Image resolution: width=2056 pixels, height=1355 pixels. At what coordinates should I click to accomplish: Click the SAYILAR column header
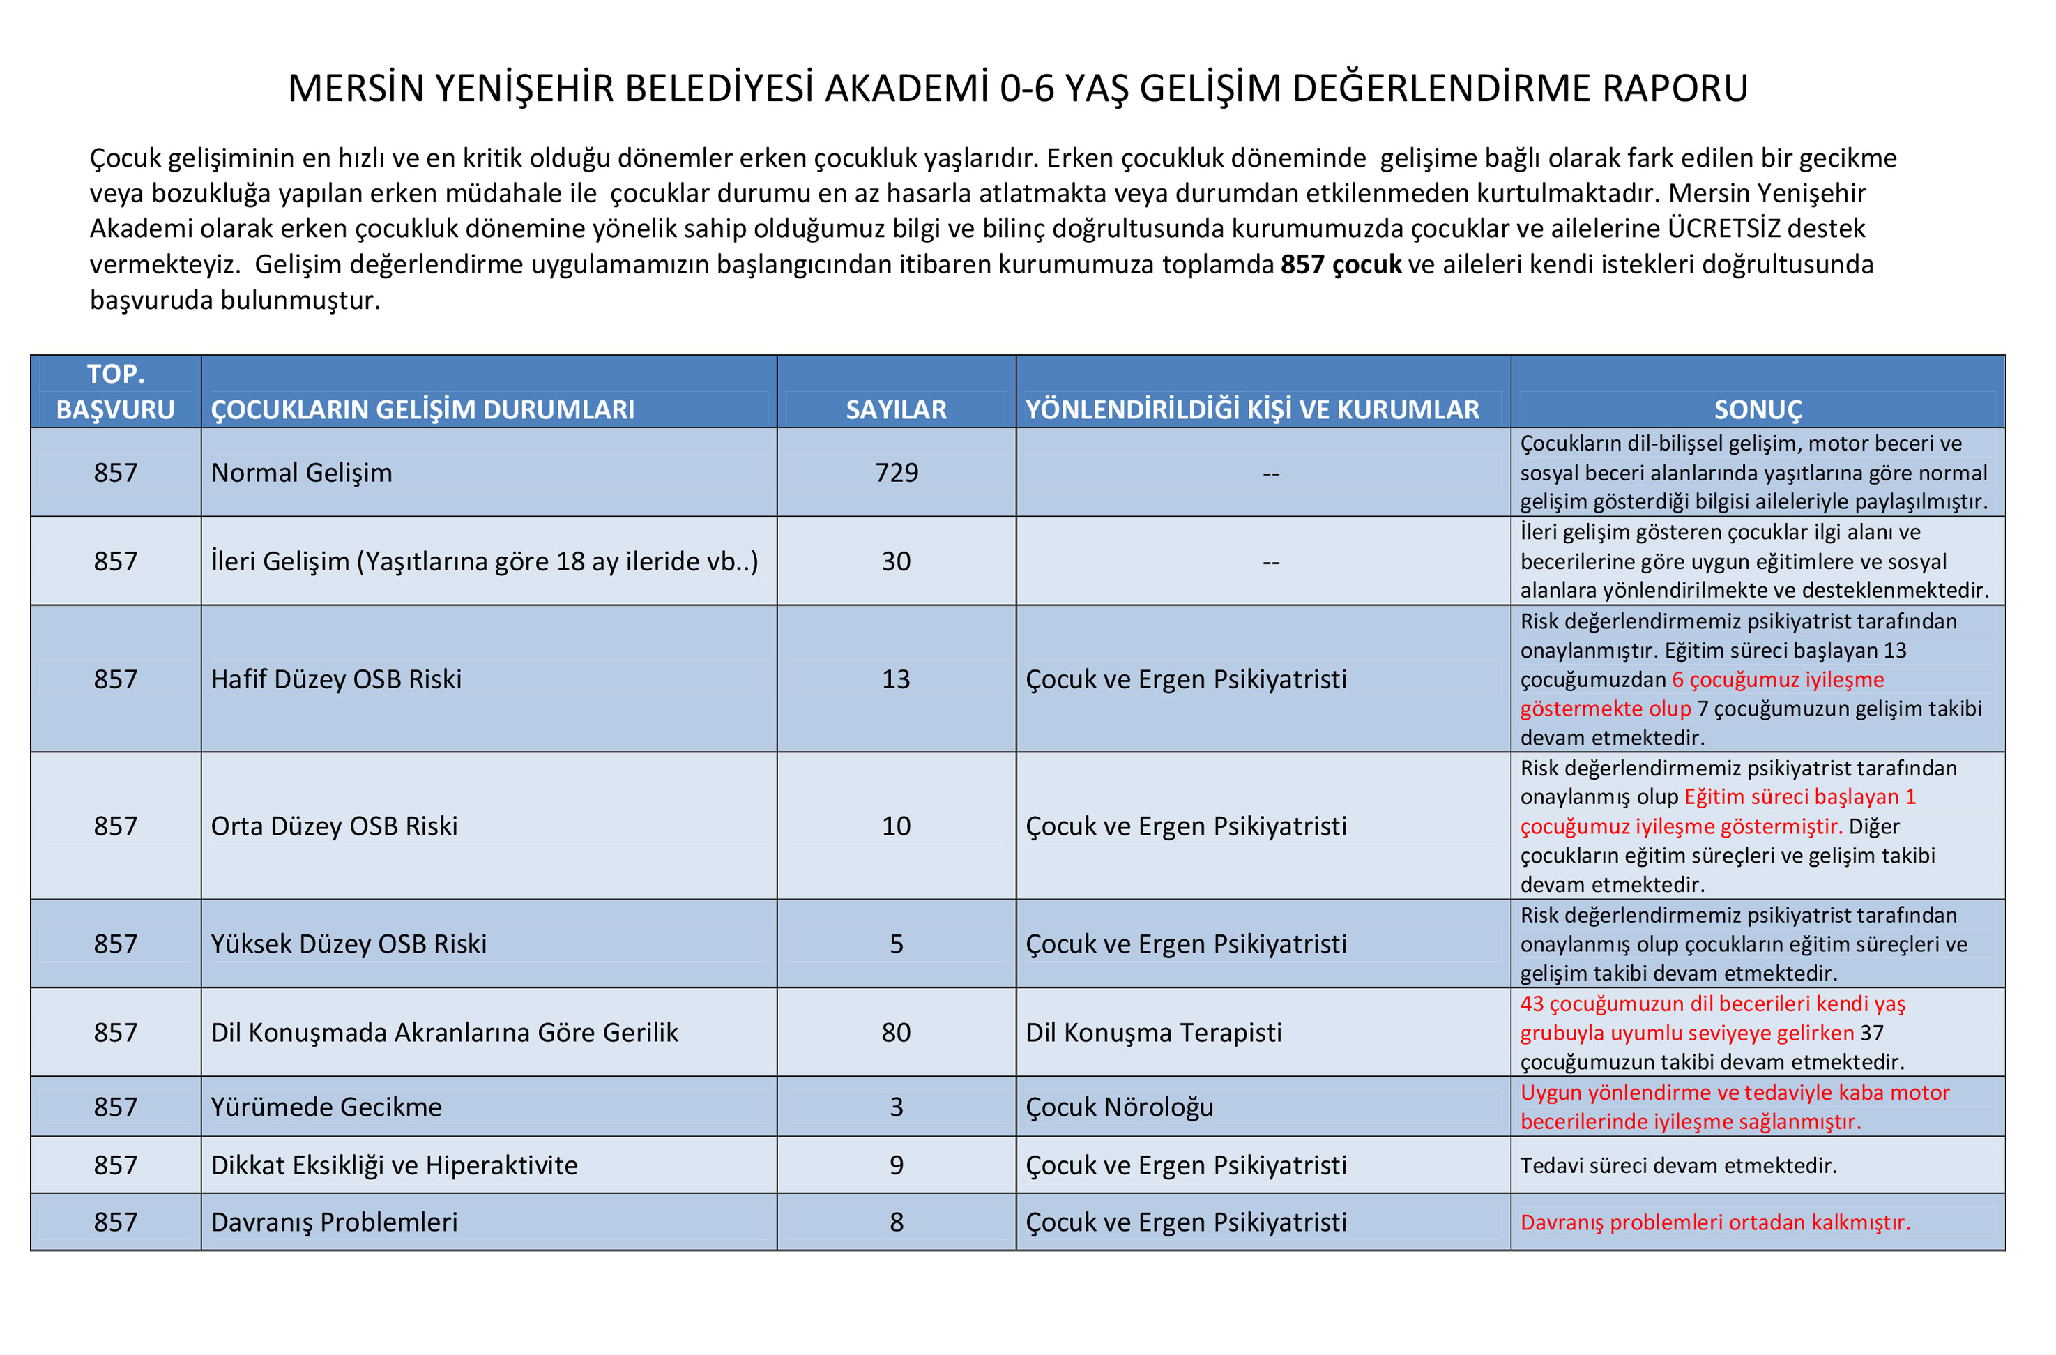point(896,409)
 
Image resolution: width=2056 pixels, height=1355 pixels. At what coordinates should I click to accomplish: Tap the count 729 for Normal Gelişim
point(896,473)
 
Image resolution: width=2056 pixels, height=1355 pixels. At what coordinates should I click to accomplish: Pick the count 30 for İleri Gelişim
point(896,561)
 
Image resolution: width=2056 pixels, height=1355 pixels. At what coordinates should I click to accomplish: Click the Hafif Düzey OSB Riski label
point(336,679)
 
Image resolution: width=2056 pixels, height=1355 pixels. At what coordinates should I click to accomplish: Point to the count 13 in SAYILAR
point(896,679)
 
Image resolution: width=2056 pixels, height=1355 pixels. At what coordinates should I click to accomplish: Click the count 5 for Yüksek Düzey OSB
point(896,944)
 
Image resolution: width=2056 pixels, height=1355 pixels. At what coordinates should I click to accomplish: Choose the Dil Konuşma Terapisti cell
point(1153,1033)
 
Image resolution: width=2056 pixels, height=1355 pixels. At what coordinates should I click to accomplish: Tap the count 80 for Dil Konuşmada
point(896,1033)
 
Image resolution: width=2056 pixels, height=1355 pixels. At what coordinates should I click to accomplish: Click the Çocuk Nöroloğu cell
point(1119,1107)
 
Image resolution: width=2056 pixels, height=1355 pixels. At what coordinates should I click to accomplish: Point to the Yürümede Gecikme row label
point(326,1107)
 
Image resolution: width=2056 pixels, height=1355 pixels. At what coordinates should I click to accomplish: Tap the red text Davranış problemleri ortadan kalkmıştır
point(1715,1222)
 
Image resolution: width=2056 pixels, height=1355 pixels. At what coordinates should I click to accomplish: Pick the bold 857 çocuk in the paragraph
point(1340,264)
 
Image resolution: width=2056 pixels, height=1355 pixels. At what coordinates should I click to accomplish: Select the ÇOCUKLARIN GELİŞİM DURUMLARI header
point(422,409)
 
